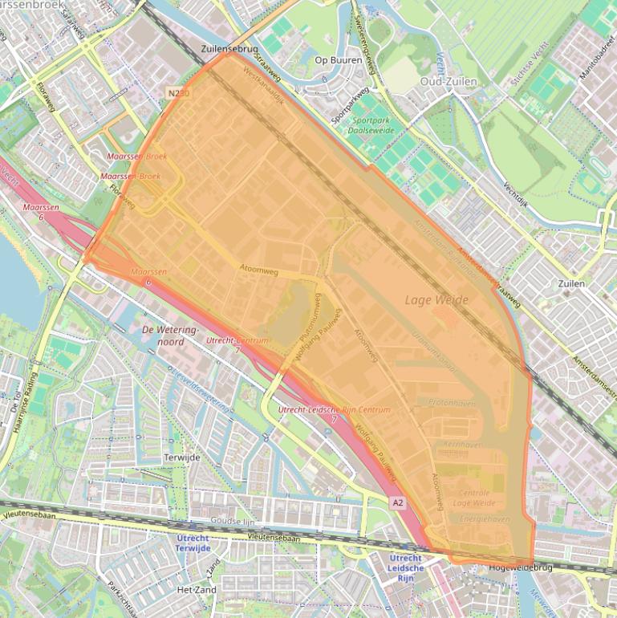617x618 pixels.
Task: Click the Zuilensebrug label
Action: [229, 49]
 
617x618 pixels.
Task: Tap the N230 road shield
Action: [179, 94]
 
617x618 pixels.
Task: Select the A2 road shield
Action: [398, 502]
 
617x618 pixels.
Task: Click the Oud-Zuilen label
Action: [449, 81]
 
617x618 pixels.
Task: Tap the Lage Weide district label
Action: [436, 299]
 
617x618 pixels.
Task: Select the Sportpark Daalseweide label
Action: [367, 124]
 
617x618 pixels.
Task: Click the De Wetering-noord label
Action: [169, 335]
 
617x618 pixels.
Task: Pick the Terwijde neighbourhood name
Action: [181, 457]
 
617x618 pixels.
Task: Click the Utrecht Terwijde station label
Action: [193, 543]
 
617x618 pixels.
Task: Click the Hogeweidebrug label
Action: [521, 568]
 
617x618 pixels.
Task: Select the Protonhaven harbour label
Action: [453, 403]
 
